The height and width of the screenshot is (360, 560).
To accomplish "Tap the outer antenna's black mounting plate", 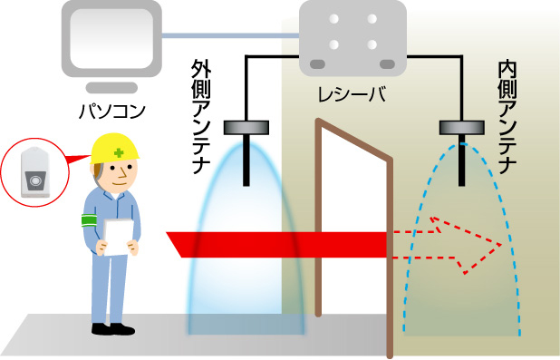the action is [x=246, y=127].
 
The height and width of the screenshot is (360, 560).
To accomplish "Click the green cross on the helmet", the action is [x=118, y=152].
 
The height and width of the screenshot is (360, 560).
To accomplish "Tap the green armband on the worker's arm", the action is [x=89, y=220].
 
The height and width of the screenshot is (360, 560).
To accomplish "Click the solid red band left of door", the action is [x=272, y=243].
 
